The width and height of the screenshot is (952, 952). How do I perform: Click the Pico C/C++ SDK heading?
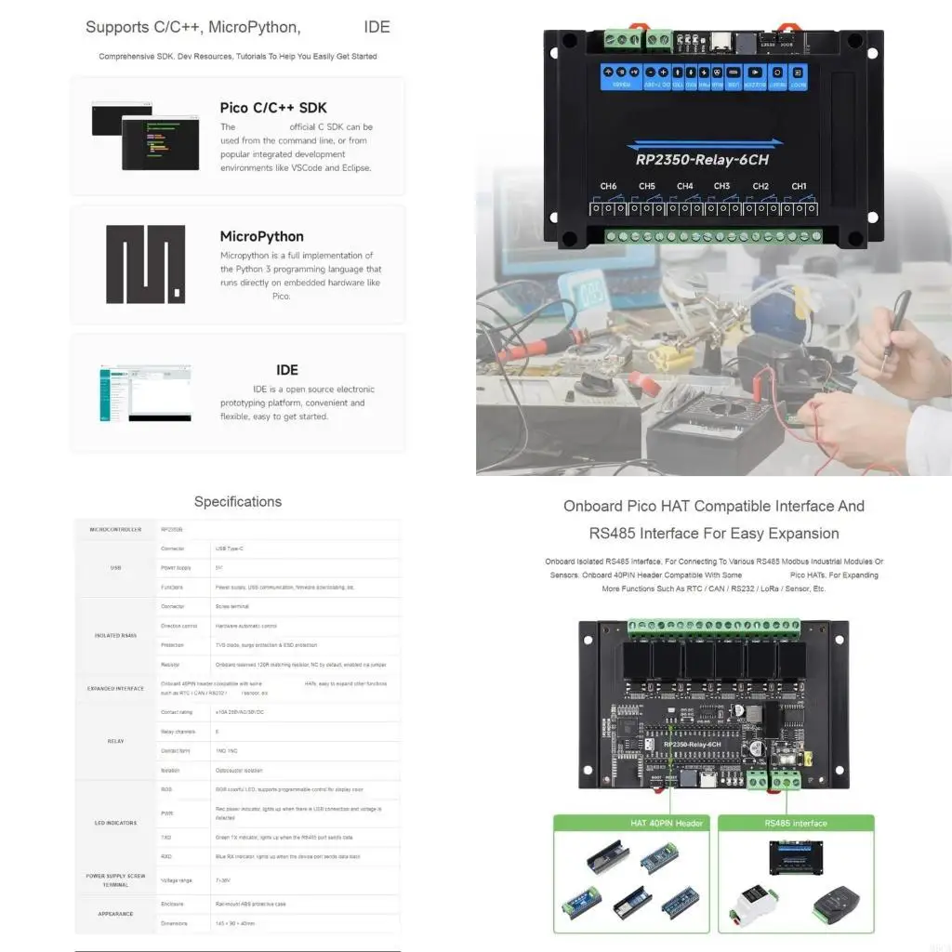(273, 108)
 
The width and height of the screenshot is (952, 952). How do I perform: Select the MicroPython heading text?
(261, 236)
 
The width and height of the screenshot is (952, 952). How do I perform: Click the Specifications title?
(238, 502)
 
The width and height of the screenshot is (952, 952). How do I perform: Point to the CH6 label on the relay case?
(608, 186)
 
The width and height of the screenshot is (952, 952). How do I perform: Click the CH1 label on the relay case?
(799, 186)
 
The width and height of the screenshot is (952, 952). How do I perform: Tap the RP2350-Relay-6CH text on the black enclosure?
(702, 159)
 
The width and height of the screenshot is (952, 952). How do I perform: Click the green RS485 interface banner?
(795, 823)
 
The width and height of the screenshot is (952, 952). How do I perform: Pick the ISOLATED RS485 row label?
(116, 636)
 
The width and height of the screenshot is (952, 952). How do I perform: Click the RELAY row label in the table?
(116, 742)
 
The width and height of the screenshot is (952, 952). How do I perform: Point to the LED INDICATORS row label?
(116, 823)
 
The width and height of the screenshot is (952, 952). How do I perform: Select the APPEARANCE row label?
(116, 914)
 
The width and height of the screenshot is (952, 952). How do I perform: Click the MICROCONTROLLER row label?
(116, 529)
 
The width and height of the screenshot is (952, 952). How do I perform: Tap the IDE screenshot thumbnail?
(145, 393)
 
